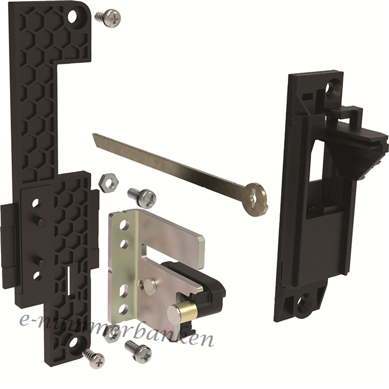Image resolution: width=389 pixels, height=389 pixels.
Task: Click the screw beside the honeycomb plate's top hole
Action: (x=108, y=18)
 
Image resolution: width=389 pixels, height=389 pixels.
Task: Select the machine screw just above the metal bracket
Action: (x=142, y=197)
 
